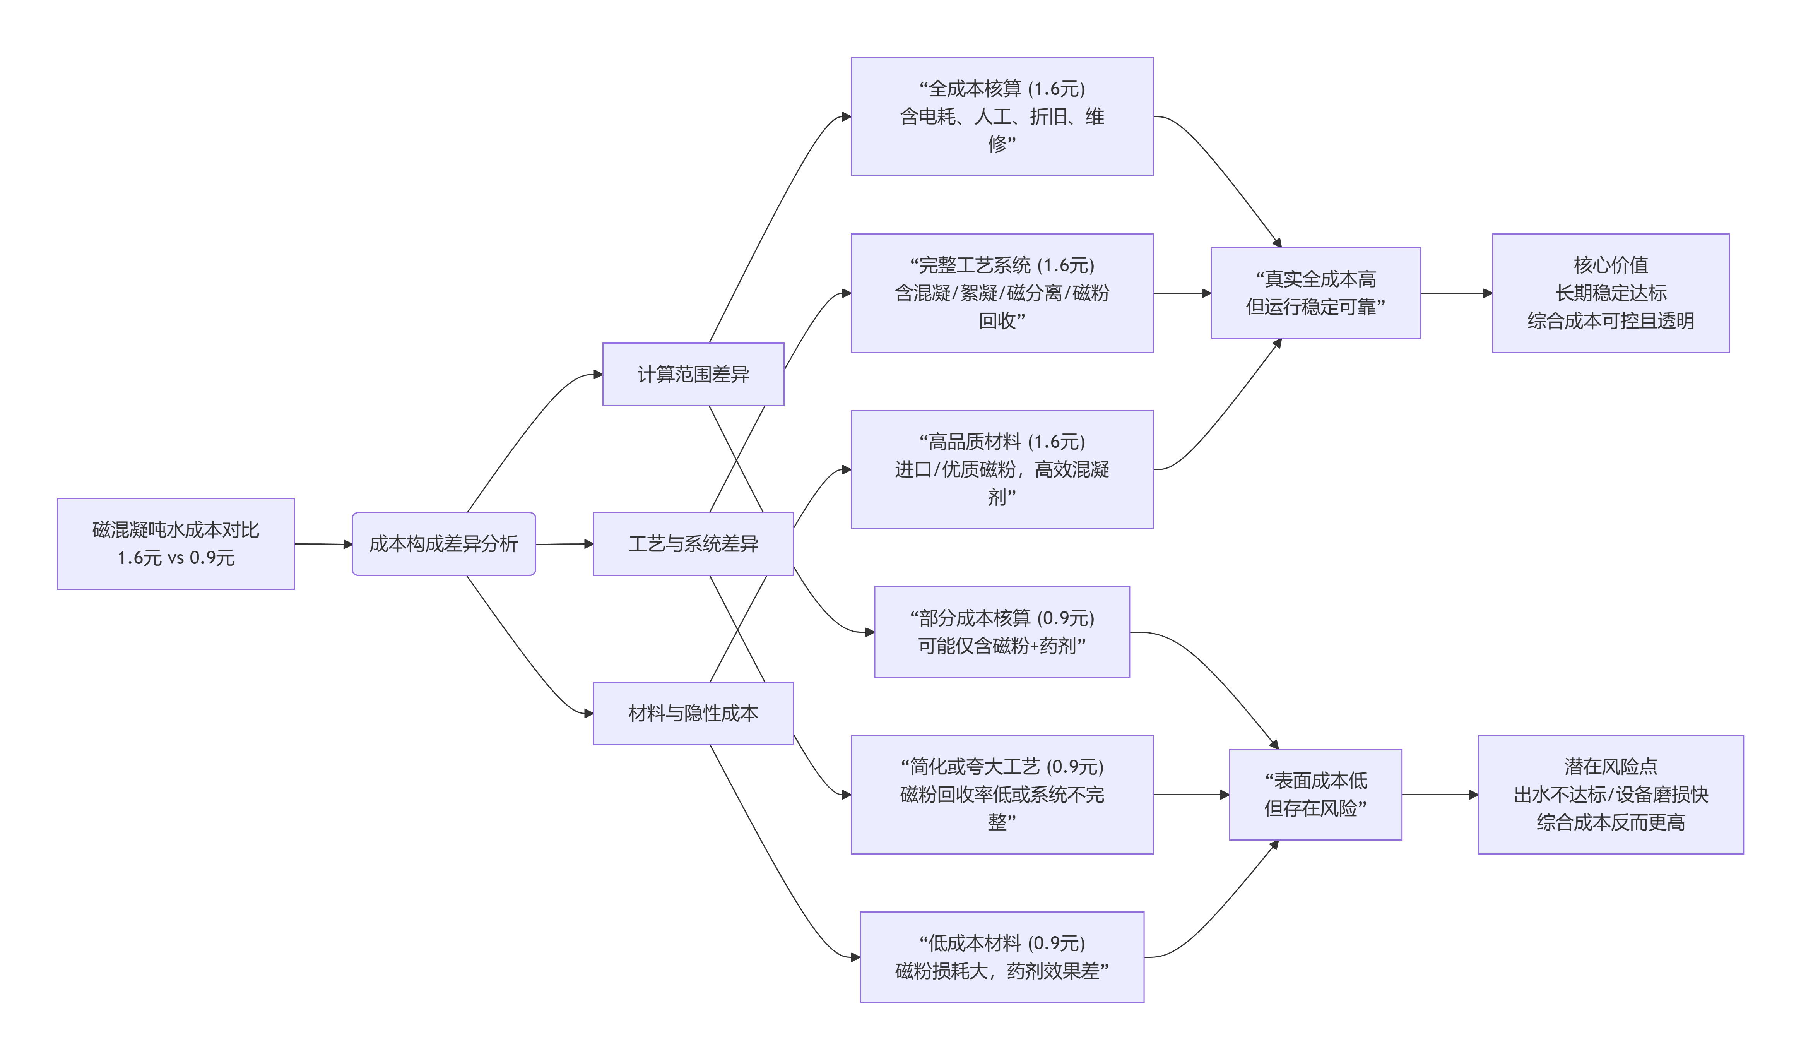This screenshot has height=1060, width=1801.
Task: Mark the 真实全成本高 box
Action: click(x=1315, y=293)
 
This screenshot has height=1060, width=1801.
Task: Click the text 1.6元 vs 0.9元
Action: click(x=176, y=558)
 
